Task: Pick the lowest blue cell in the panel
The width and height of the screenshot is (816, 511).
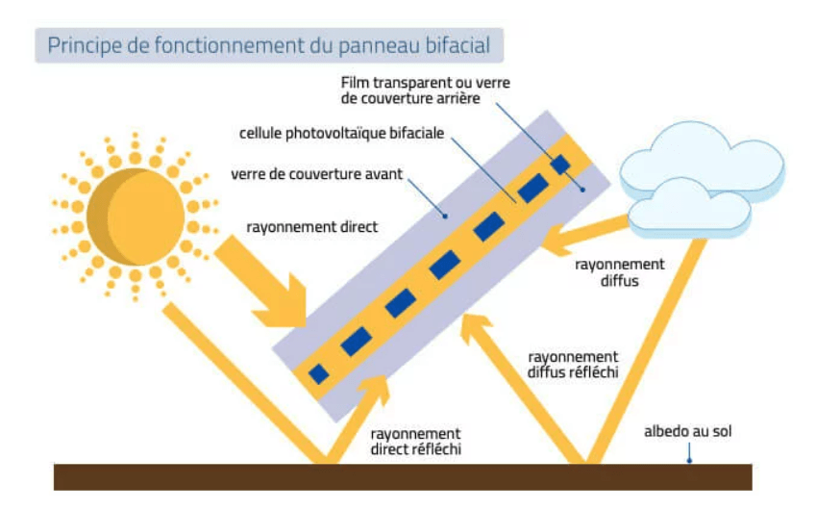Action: click(318, 373)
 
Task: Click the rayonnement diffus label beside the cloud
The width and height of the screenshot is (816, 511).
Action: click(619, 272)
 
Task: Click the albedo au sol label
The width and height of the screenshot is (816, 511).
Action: click(687, 432)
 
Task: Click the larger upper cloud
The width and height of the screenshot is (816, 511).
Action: click(697, 164)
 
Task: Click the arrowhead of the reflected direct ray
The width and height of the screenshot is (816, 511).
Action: click(373, 387)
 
